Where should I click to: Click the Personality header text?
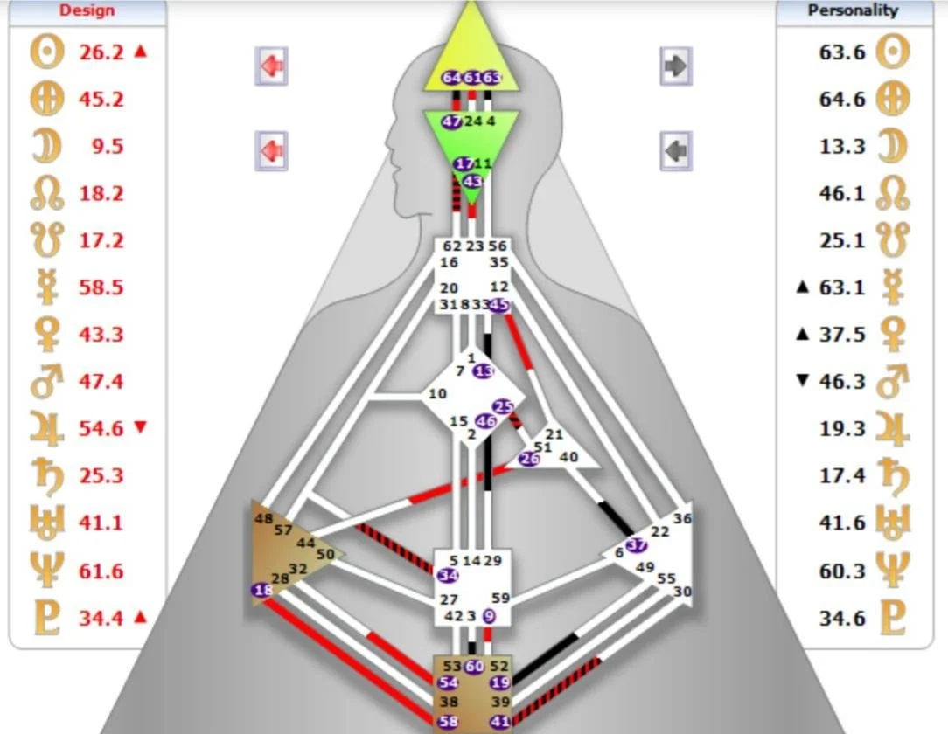[853, 10]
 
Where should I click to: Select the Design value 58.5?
[101, 287]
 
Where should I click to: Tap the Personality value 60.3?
[842, 571]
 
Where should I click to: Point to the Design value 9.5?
[107, 146]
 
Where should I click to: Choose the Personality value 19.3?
[842, 429]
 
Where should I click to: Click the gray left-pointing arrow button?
[676, 150]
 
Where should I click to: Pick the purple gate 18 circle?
[261, 591]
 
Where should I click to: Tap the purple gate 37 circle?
[638, 545]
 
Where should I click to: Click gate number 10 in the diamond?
[437, 394]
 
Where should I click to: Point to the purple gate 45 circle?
[498, 305]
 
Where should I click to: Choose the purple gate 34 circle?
[448, 575]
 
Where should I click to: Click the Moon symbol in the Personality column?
[892, 146]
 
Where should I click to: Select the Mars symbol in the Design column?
[46, 382]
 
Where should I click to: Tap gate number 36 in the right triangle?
[682, 518]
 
